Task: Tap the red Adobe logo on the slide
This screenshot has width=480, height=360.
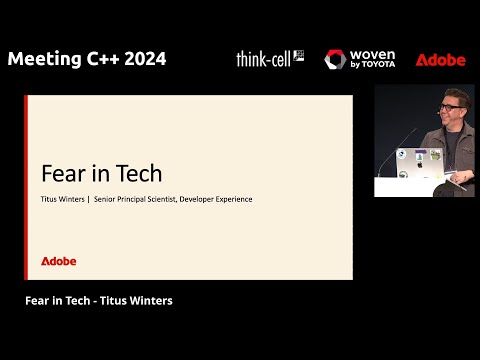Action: point(58,261)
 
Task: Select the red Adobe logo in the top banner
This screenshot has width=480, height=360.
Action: point(440,59)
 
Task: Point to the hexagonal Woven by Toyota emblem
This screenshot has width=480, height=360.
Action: point(335,60)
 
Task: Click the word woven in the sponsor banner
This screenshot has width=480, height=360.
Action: point(373,54)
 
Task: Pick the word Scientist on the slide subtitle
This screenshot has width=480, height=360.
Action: point(156,199)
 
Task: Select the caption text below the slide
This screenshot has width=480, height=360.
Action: point(98,301)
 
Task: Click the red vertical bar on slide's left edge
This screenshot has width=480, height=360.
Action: point(26,187)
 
